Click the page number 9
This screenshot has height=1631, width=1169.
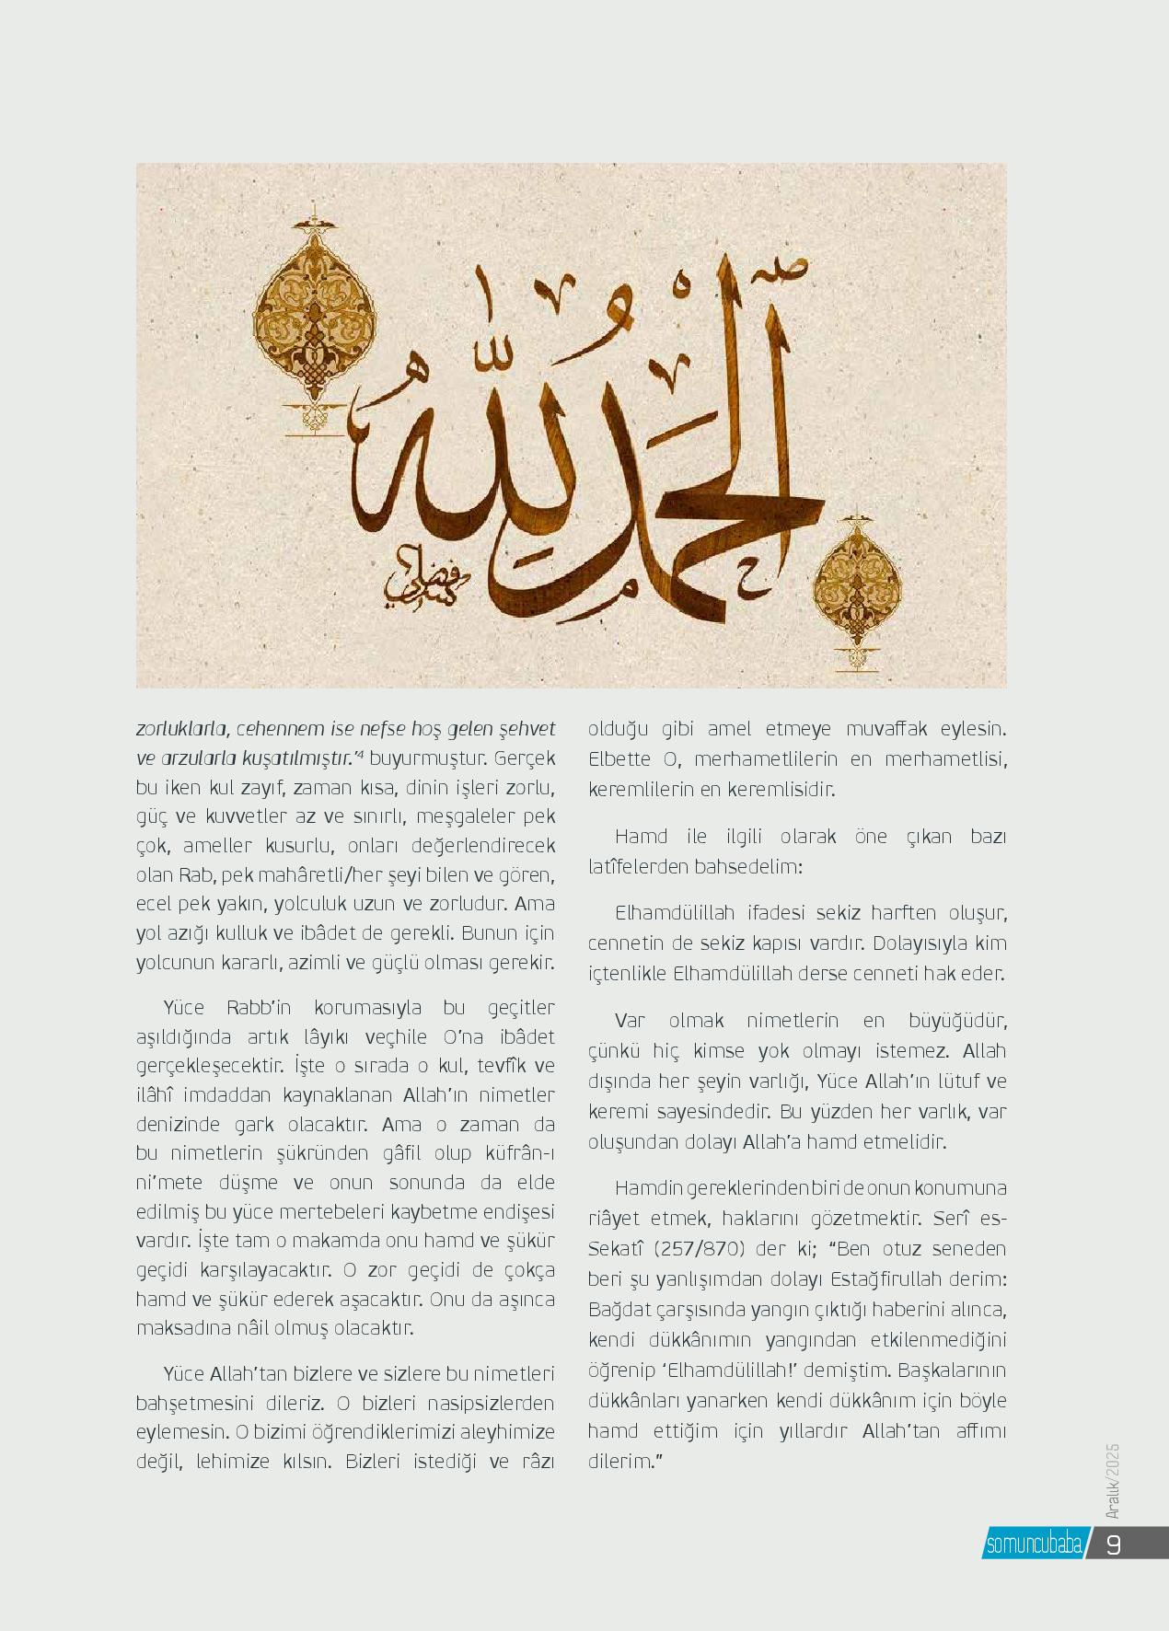coord(1113,1544)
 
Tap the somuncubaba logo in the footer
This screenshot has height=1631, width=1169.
coord(1033,1544)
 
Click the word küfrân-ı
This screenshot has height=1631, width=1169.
coord(519,1153)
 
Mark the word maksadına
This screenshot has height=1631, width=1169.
coord(179,1329)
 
